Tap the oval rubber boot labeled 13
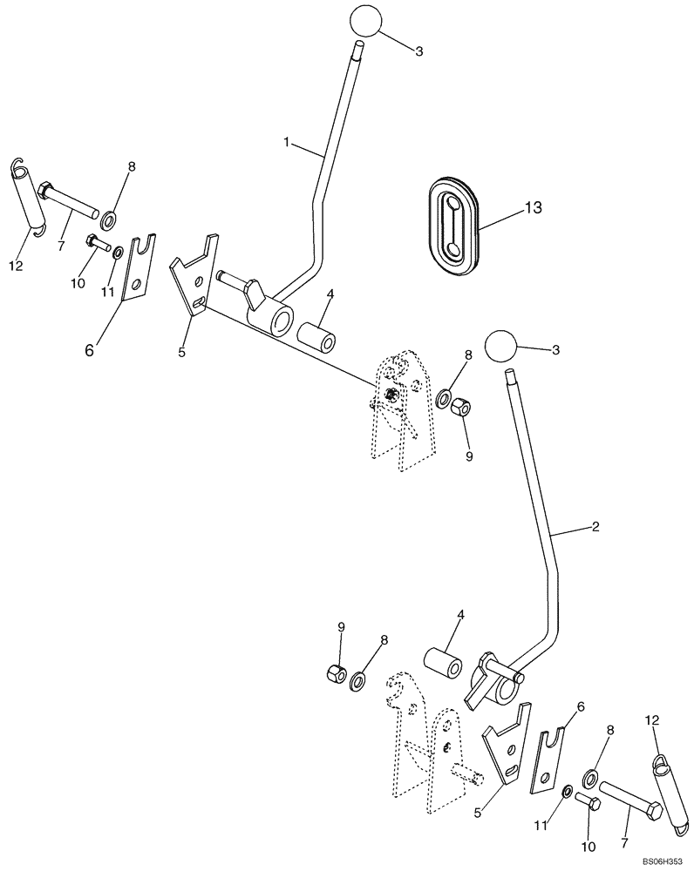tap(453, 226)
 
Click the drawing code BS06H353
tap(663, 860)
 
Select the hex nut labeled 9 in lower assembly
tap(333, 673)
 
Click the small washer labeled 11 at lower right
tap(567, 791)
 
